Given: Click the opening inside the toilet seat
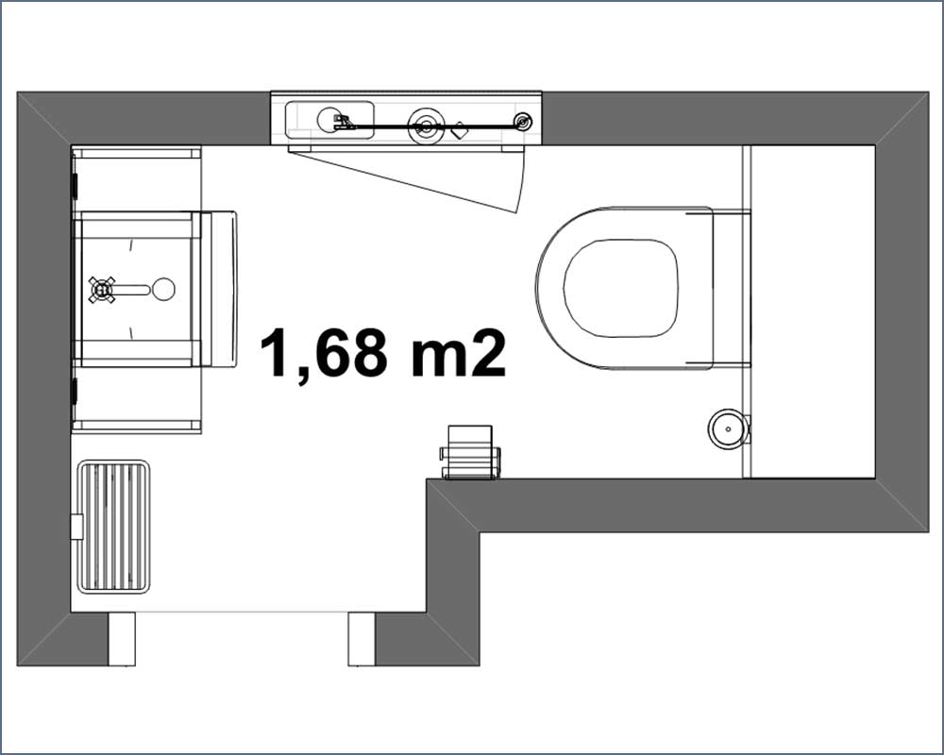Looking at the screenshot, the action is [621, 288].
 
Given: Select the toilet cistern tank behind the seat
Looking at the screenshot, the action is [731, 288].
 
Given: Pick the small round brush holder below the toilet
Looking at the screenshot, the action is [728, 428].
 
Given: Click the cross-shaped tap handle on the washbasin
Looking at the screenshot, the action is [102, 290].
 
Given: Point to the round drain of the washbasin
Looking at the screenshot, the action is [163, 290].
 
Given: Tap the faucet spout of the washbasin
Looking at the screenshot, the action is [132, 290].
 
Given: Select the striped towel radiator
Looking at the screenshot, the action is [114, 527].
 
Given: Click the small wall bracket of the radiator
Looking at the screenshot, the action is [77, 527].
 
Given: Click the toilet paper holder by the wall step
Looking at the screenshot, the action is [470, 452].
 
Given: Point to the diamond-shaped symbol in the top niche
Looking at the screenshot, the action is [460, 130].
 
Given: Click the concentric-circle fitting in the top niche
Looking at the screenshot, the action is [426, 126].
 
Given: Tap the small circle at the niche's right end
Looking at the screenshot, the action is [523, 122].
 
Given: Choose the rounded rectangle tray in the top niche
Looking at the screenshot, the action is [329, 121].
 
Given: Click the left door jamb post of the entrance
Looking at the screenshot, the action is [122, 639].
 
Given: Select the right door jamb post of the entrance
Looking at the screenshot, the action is [362, 639].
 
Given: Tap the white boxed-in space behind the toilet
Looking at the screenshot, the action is [813, 311].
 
